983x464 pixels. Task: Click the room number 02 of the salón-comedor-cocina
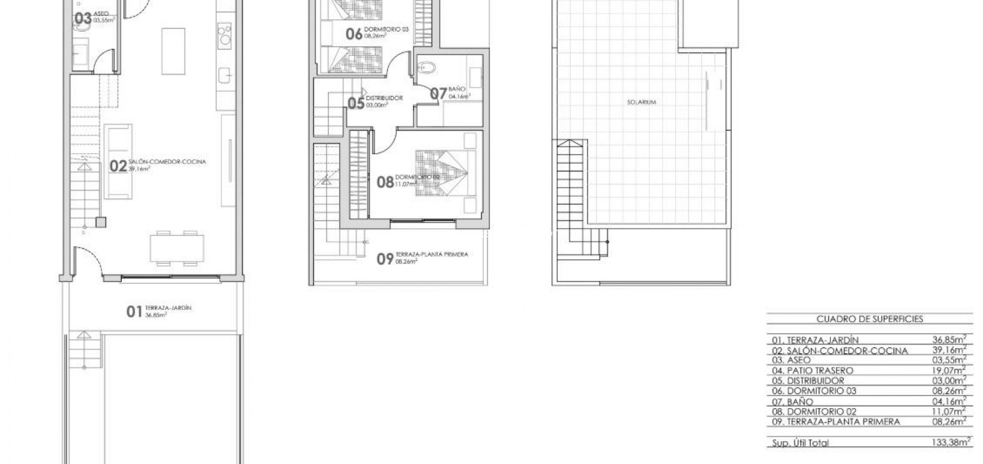coord(118,166)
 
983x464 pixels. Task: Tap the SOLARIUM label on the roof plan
coord(642,102)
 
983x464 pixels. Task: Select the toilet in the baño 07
coord(426,68)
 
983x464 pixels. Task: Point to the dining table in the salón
coord(176,247)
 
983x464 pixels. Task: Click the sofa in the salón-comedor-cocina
coord(118,161)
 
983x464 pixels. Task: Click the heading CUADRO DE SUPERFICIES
coord(870,319)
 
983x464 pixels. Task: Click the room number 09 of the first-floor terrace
coord(385,259)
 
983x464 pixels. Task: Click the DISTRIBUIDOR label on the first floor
coord(384,98)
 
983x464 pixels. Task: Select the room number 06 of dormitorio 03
coord(354,34)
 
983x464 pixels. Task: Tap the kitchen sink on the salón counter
coord(226,76)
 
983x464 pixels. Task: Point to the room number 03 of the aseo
coord(83,19)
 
